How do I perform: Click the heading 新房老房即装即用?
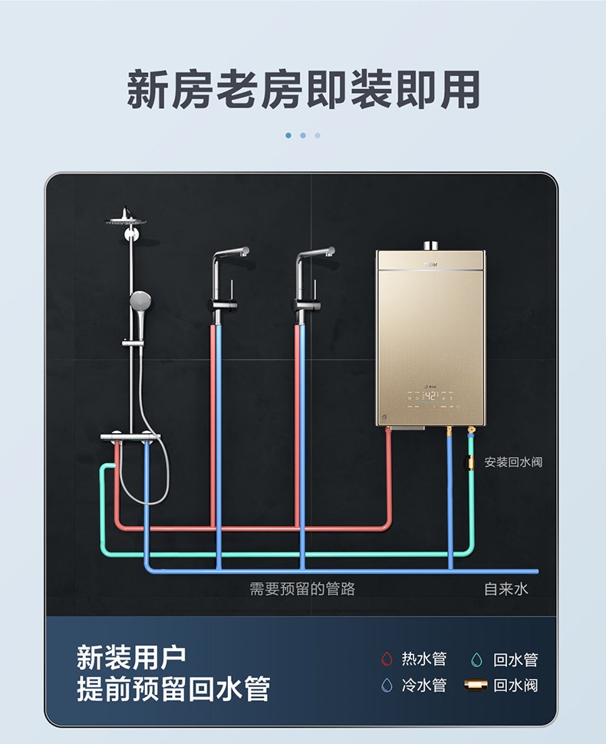coord(303,90)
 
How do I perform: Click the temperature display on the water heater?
coord(430,396)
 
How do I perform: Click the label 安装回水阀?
coord(514,462)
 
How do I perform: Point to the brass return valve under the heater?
coord(470,462)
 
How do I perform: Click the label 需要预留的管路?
coord(302,589)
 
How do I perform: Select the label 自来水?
coord(506,589)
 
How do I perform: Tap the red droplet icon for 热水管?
coord(387,660)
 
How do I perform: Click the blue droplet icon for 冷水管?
coord(387,685)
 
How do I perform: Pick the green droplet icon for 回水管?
coord(477,660)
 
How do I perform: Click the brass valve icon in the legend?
coord(476,685)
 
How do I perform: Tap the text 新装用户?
coord(130,658)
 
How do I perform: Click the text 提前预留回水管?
coord(173,688)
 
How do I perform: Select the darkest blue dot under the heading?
coord(288,135)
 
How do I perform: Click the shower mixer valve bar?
coord(130,437)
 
